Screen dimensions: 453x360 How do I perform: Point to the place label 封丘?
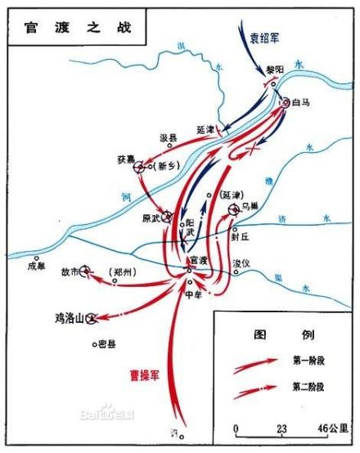click(239, 241)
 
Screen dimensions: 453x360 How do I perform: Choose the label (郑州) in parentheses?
click(123, 269)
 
